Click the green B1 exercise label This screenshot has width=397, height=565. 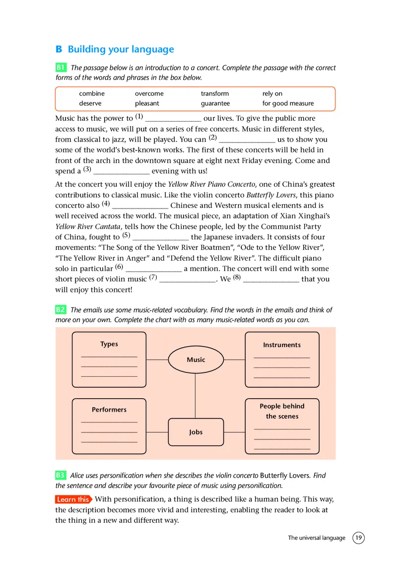coord(61,68)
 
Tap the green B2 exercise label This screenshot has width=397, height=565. coord(61,310)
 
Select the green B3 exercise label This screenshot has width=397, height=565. coord(61,475)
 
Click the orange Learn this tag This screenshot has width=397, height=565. coord(73,499)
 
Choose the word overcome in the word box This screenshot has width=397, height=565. coord(149,93)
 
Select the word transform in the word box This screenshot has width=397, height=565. coord(215,93)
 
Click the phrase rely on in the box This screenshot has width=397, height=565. coord(272,93)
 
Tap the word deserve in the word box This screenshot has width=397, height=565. coord(90,103)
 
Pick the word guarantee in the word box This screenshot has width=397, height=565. coord(215,103)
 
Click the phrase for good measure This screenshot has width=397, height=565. coord(288,103)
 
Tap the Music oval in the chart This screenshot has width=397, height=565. coord(196,359)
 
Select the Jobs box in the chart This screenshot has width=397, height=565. coord(196,432)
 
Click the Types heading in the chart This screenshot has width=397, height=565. coord(109,344)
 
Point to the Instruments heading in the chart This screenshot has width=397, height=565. coord(281,345)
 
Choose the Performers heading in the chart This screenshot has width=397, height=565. coord(109,410)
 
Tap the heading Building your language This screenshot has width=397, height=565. coord(121,49)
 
